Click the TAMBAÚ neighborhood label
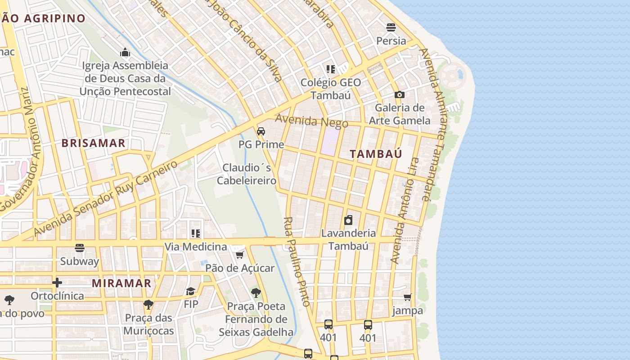point(376,154)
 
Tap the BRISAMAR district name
point(93,144)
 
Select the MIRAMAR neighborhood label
point(121,283)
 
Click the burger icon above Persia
point(391,27)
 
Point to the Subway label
point(80,261)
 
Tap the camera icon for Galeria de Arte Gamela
point(399,94)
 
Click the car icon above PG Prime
point(261,131)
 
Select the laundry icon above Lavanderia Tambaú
point(348,220)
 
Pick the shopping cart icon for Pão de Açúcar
point(239,255)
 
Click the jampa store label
point(408,310)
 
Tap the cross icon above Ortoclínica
point(57,283)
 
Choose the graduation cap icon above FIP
point(191,291)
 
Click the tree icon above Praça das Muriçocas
point(148,305)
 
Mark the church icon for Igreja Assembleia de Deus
point(125,52)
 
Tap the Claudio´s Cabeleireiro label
point(247,174)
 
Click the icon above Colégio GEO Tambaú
point(331,69)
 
